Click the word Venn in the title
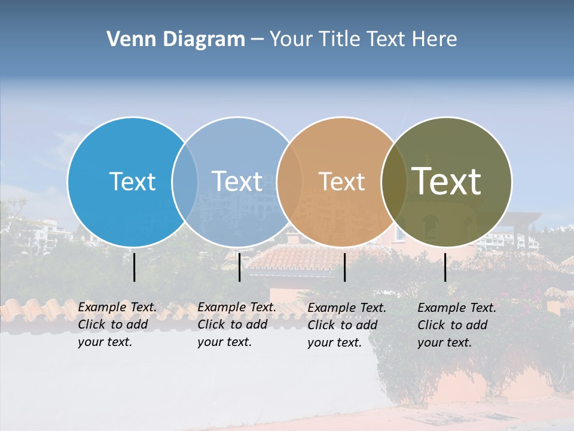(x=127, y=40)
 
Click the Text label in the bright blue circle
(x=132, y=181)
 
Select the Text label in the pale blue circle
(x=237, y=181)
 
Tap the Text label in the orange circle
(x=342, y=181)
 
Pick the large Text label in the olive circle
(x=447, y=181)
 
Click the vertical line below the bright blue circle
(x=134, y=267)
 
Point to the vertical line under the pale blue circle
(x=239, y=267)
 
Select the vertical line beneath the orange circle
(x=344, y=267)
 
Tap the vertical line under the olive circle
(x=445, y=267)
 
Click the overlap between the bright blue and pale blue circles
(x=185, y=181)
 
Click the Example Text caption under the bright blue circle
(x=117, y=324)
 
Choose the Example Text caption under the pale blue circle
(x=236, y=324)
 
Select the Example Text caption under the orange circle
(x=346, y=325)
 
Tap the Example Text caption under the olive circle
(x=456, y=325)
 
